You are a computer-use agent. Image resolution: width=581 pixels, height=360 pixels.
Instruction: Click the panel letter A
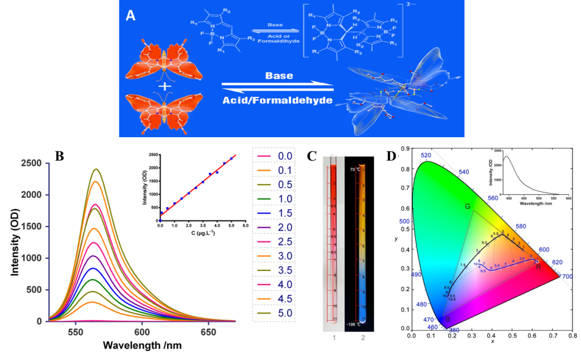point(131,15)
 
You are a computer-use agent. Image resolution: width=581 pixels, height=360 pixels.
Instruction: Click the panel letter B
point(59,156)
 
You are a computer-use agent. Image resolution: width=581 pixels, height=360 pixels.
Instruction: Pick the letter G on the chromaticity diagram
point(468,206)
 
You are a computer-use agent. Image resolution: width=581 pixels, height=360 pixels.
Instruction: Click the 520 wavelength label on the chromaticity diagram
point(425,156)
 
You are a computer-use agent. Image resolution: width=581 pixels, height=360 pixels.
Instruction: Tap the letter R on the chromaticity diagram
point(538,267)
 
